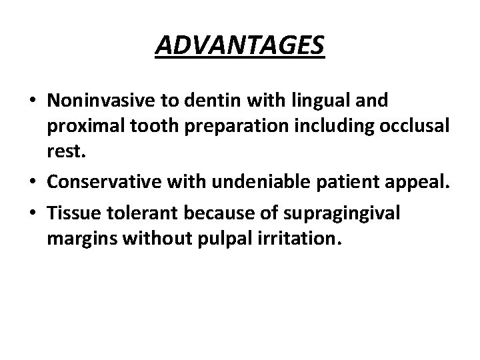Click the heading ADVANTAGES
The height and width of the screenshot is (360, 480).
(x=240, y=47)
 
